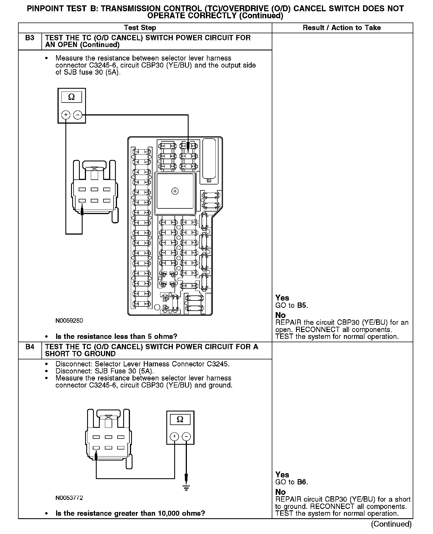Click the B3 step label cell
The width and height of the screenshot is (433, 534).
coord(30,38)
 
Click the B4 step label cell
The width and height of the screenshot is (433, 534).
coord(30,347)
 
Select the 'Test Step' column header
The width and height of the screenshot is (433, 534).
coord(140,28)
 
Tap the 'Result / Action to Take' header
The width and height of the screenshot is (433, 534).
coord(342,28)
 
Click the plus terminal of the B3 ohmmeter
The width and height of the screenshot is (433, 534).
coord(66,115)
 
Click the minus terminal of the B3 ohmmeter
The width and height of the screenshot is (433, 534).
coord(78,115)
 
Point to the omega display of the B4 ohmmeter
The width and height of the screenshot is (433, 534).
coord(180,419)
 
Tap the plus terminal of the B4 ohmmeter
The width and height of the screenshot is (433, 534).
coord(174,437)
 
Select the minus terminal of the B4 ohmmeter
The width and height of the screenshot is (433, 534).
coord(186,437)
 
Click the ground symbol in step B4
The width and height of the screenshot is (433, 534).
coord(186,488)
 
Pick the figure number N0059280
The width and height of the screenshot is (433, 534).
coord(69,321)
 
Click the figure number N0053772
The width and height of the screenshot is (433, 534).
coord(69,498)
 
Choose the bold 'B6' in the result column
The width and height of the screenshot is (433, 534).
coord(302,482)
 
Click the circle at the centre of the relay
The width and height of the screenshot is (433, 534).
coord(175,191)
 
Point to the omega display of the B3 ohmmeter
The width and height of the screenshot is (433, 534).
coord(72,97)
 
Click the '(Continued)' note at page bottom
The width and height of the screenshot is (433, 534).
coord(391,524)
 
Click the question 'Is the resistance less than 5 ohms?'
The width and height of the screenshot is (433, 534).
coord(116,336)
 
